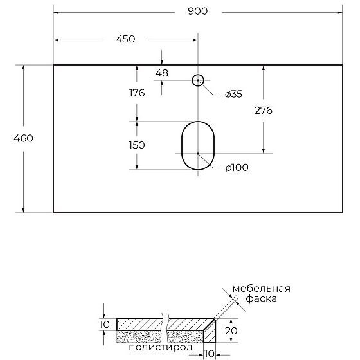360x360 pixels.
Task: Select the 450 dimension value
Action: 125,39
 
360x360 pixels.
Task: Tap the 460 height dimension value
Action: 22,138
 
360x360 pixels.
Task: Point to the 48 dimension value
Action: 161,73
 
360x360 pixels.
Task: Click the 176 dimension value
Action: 136,93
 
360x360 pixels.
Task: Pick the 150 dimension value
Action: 136,145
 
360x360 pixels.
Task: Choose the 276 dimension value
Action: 263,110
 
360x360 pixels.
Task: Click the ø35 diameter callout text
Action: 233,94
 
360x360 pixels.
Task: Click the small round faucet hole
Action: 198,80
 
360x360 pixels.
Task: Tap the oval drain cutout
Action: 198,145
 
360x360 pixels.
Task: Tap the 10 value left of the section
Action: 105,324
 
